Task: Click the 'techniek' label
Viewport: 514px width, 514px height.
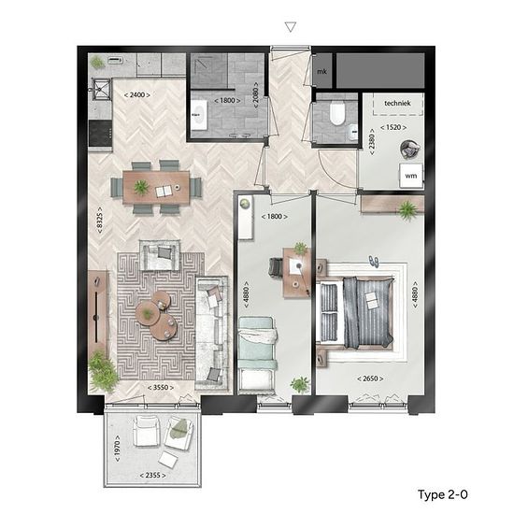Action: click(x=397, y=103)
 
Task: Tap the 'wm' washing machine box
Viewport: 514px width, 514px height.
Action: click(x=411, y=176)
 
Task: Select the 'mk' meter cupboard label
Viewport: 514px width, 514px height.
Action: click(x=321, y=71)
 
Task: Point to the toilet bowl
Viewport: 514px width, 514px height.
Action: click(x=337, y=112)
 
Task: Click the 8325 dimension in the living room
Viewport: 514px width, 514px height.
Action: click(x=100, y=220)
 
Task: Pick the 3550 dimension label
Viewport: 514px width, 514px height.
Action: click(x=161, y=388)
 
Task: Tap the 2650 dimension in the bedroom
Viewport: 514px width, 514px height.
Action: click(x=370, y=378)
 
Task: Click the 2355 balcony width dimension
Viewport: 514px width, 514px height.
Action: click(x=152, y=475)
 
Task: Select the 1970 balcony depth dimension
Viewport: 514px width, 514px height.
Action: click(x=118, y=449)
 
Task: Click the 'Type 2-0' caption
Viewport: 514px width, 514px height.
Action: click(x=443, y=494)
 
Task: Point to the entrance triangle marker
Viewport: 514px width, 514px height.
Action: click(x=291, y=27)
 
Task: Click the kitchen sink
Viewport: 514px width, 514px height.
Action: click(x=100, y=89)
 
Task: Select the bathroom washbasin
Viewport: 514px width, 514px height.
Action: click(x=199, y=115)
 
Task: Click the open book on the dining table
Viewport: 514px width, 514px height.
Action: click(x=164, y=191)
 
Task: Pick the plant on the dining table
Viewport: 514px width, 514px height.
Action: click(x=141, y=188)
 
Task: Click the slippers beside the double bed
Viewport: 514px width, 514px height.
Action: click(x=374, y=262)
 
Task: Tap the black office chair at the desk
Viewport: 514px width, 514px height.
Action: click(x=276, y=266)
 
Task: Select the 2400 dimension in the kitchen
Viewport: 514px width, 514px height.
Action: click(x=137, y=95)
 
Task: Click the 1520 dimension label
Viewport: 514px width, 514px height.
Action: click(x=393, y=127)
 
